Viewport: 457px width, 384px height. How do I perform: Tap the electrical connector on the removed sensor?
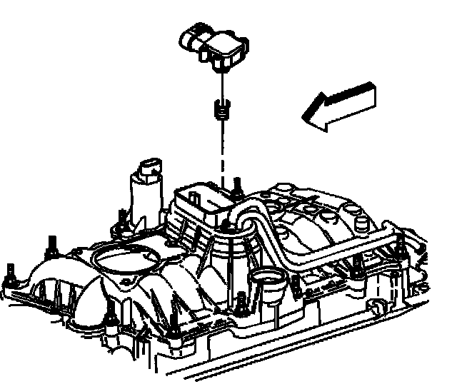click(x=191, y=37)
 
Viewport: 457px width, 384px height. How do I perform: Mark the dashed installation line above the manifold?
click(x=224, y=153)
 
